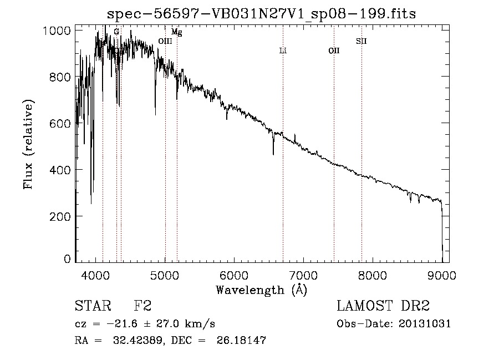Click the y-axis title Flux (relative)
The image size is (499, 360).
tap(28, 145)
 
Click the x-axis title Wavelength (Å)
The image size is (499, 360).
tap(261, 290)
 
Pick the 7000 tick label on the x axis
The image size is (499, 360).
tap(303, 274)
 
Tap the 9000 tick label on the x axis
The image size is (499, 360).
tap(442, 274)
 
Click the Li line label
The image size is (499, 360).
tap(283, 51)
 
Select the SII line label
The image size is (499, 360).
tap(361, 41)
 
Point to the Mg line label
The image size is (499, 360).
tap(176, 32)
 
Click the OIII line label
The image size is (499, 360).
tap(165, 41)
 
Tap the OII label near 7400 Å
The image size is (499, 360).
tap(334, 51)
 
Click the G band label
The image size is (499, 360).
tap(116, 32)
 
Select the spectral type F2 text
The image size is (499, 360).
tap(142, 306)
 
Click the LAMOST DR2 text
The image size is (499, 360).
tap(383, 306)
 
